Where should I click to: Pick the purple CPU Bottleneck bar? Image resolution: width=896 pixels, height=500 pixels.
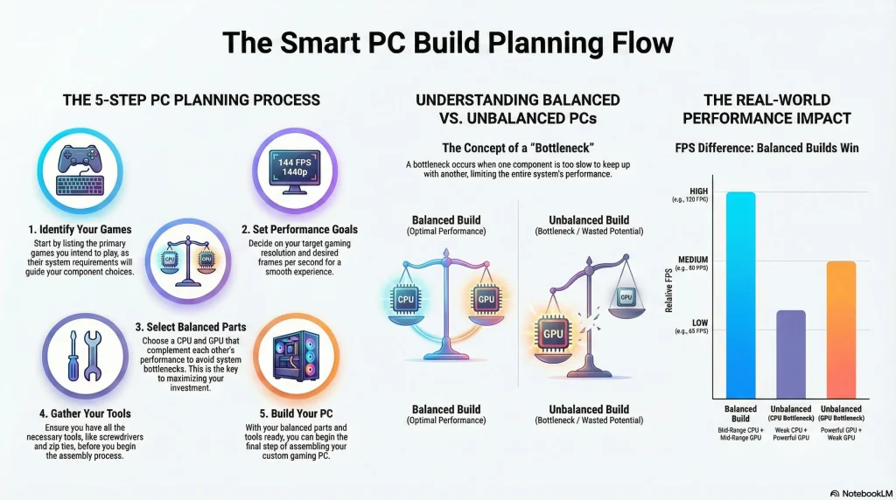point(790,354)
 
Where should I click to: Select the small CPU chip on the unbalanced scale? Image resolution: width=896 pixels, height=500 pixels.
point(626,296)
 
